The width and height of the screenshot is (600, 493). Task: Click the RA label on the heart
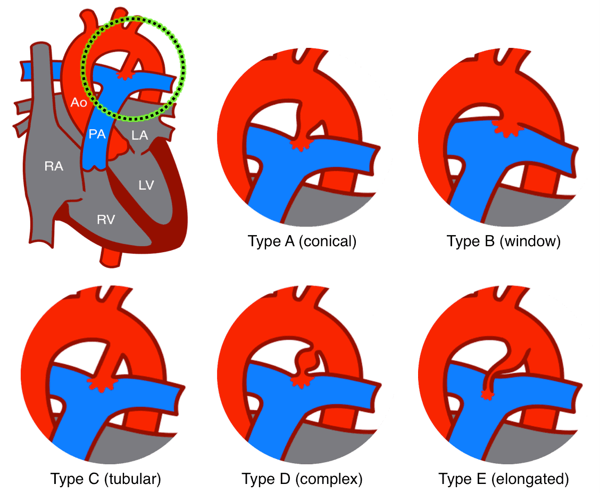[x=54, y=166]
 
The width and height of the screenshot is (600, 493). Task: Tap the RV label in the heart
[x=106, y=219]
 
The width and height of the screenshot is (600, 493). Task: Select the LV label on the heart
[x=146, y=185]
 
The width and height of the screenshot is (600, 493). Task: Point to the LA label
[x=140, y=136]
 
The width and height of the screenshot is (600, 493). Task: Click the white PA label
[x=97, y=135]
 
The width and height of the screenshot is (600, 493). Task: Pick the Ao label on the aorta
[x=79, y=102]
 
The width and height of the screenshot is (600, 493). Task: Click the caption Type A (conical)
[x=302, y=241]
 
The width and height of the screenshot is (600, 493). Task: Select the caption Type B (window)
[x=504, y=241]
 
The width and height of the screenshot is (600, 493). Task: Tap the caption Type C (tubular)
[x=105, y=479]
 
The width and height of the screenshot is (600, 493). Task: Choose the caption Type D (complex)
[x=302, y=479]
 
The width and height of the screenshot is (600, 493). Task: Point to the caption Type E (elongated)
[x=504, y=479]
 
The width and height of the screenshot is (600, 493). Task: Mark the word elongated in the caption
[x=530, y=479]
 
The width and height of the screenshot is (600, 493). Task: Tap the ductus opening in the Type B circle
[x=503, y=127]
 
